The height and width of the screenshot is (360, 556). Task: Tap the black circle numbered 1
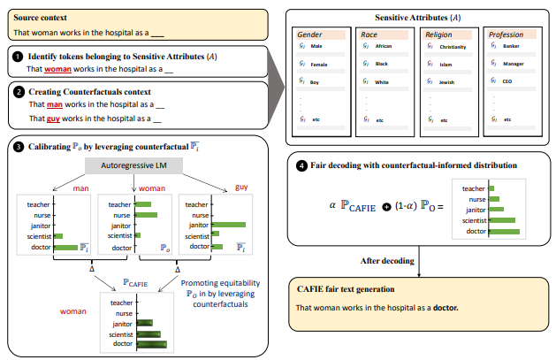(18, 56)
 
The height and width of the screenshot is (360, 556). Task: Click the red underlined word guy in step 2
(52, 118)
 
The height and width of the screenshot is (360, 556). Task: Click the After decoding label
(385, 261)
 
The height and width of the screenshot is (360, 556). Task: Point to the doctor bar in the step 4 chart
(504, 232)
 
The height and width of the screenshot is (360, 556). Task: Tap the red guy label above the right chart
(240, 187)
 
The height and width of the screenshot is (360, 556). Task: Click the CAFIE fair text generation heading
(346, 289)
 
